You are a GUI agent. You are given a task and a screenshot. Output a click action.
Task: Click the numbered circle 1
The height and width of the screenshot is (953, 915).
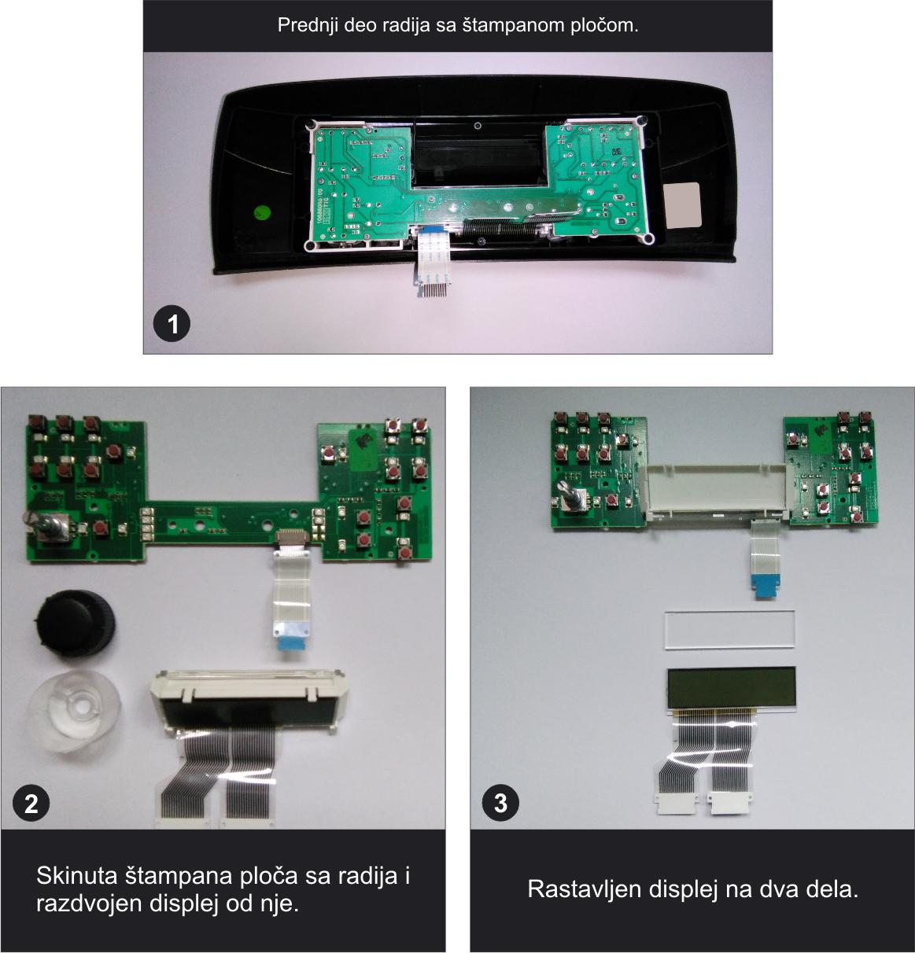point(172,324)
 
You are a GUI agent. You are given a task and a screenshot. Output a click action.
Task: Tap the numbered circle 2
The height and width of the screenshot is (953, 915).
point(31,804)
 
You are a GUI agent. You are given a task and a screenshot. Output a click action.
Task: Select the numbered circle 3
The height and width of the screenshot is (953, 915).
point(500,804)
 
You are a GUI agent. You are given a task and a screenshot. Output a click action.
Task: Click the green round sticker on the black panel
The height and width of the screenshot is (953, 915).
point(260,212)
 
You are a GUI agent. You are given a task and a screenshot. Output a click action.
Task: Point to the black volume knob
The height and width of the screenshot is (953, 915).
point(75,623)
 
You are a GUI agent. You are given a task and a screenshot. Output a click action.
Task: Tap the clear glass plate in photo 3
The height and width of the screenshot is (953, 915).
point(729,630)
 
